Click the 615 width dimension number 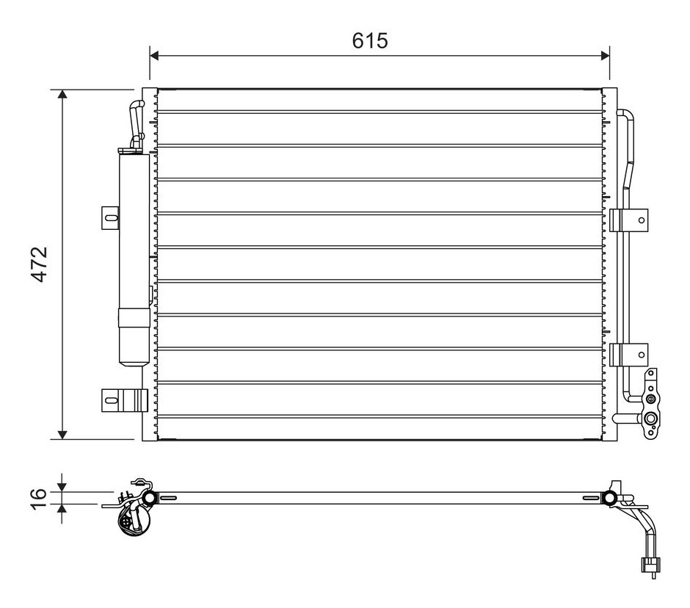coord(370,40)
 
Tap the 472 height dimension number coord(40,264)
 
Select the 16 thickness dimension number coord(39,499)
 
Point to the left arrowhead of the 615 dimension coord(154,56)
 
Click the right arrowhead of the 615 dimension coord(605,56)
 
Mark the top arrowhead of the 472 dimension coord(63,95)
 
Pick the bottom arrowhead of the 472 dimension coord(63,434)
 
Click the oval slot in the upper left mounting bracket coord(112,217)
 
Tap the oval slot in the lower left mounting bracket coord(112,400)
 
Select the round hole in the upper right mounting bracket coord(642,220)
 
